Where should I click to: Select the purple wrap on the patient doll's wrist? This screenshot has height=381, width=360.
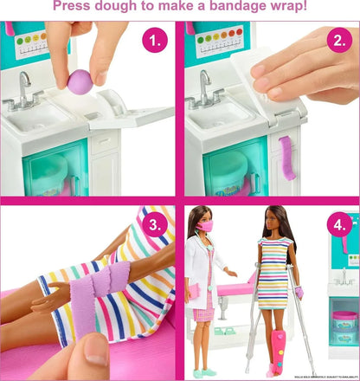[x=300, y=294]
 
